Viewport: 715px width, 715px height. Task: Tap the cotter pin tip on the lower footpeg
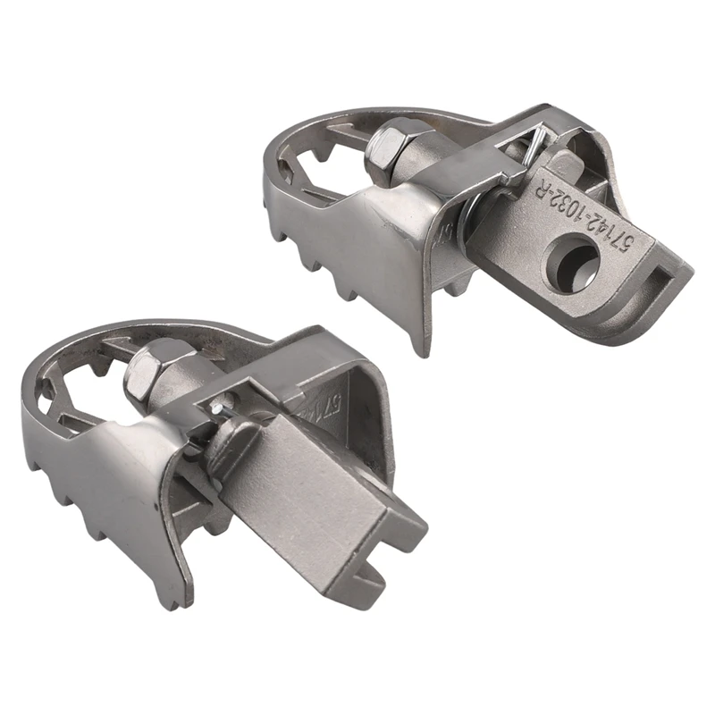[216, 406]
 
